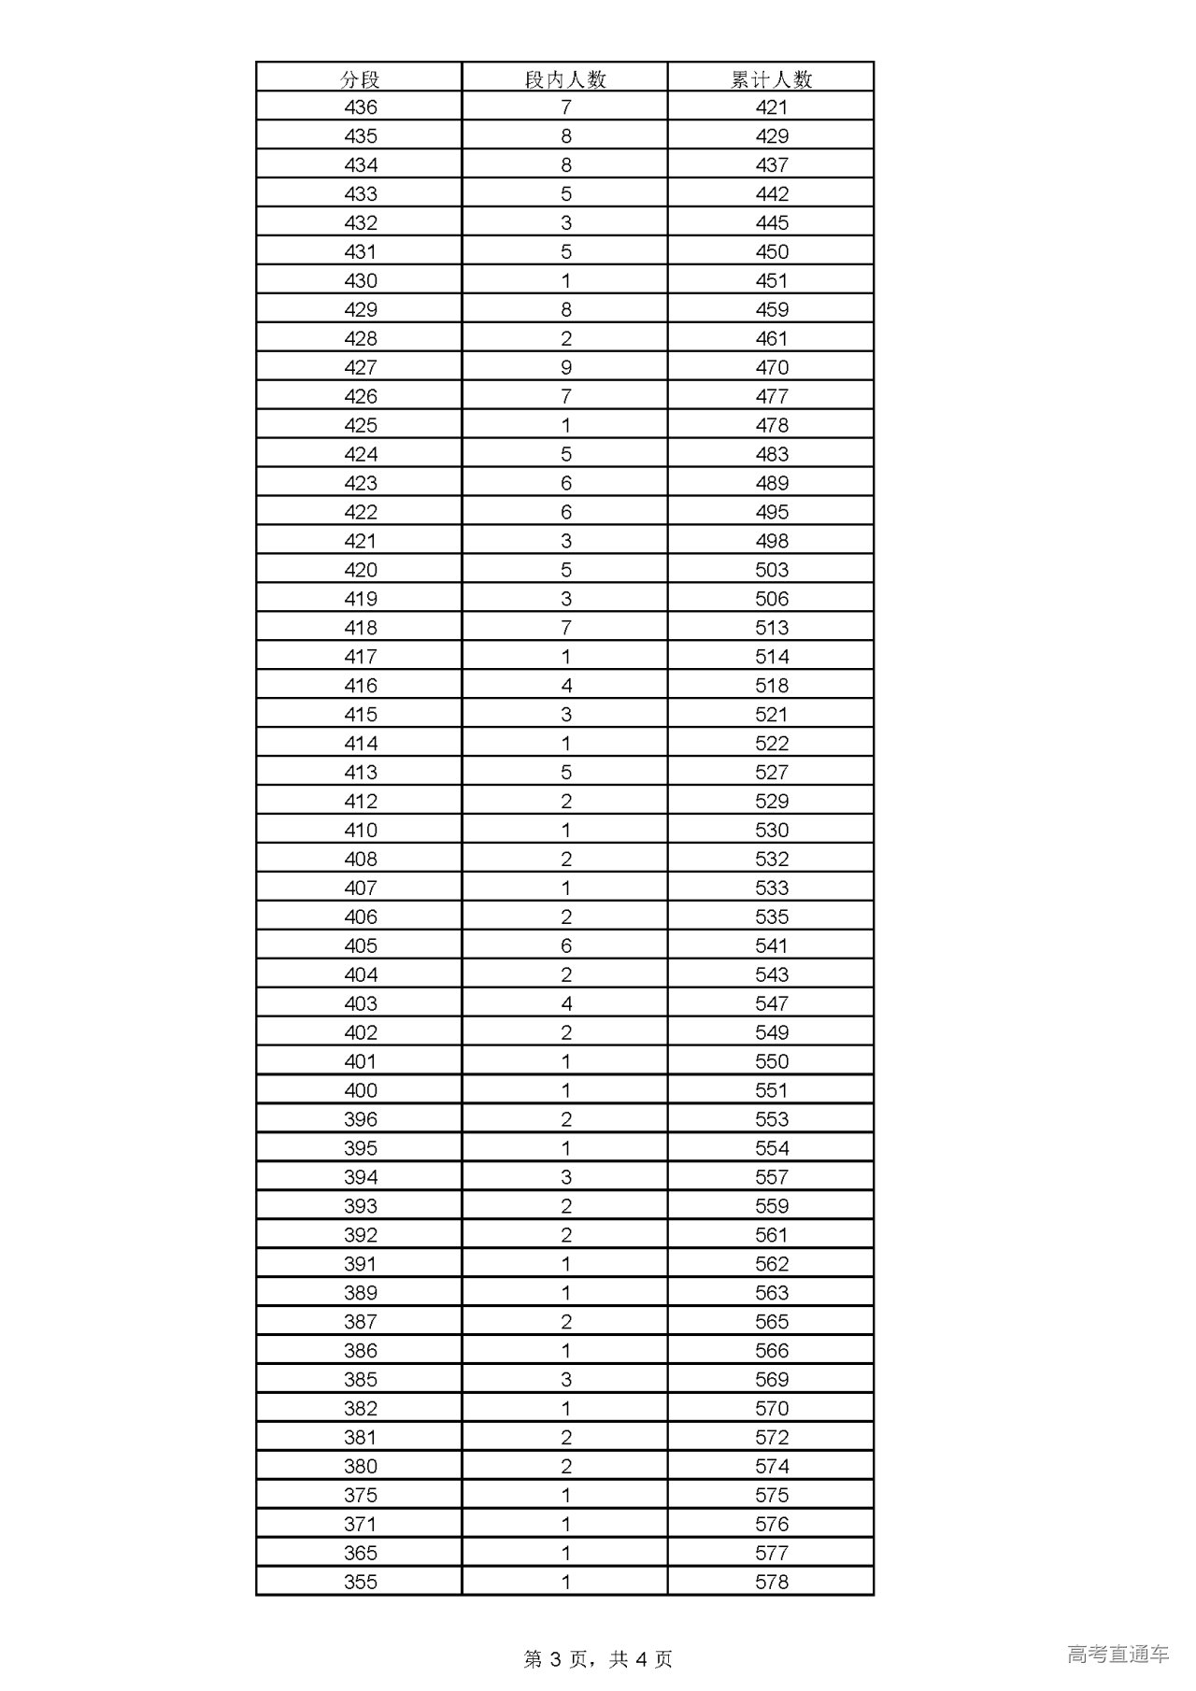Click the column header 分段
(x=360, y=79)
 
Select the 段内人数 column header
(x=565, y=79)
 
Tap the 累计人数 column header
(x=771, y=79)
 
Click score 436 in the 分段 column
(x=361, y=107)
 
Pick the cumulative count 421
(x=772, y=107)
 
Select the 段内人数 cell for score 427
(x=565, y=367)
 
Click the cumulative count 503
(x=772, y=570)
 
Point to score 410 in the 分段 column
(x=361, y=830)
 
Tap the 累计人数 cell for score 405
(x=772, y=945)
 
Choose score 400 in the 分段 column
(x=361, y=1090)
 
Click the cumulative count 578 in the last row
(x=772, y=1582)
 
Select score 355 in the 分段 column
(x=361, y=1582)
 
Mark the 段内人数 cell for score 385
(x=565, y=1379)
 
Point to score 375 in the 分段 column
(x=361, y=1495)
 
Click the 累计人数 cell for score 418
(x=772, y=628)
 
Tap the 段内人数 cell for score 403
(x=565, y=1003)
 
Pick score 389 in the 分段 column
(x=361, y=1292)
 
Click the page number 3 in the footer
(x=556, y=1658)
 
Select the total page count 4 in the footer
(x=641, y=1658)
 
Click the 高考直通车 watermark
(x=1118, y=1654)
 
